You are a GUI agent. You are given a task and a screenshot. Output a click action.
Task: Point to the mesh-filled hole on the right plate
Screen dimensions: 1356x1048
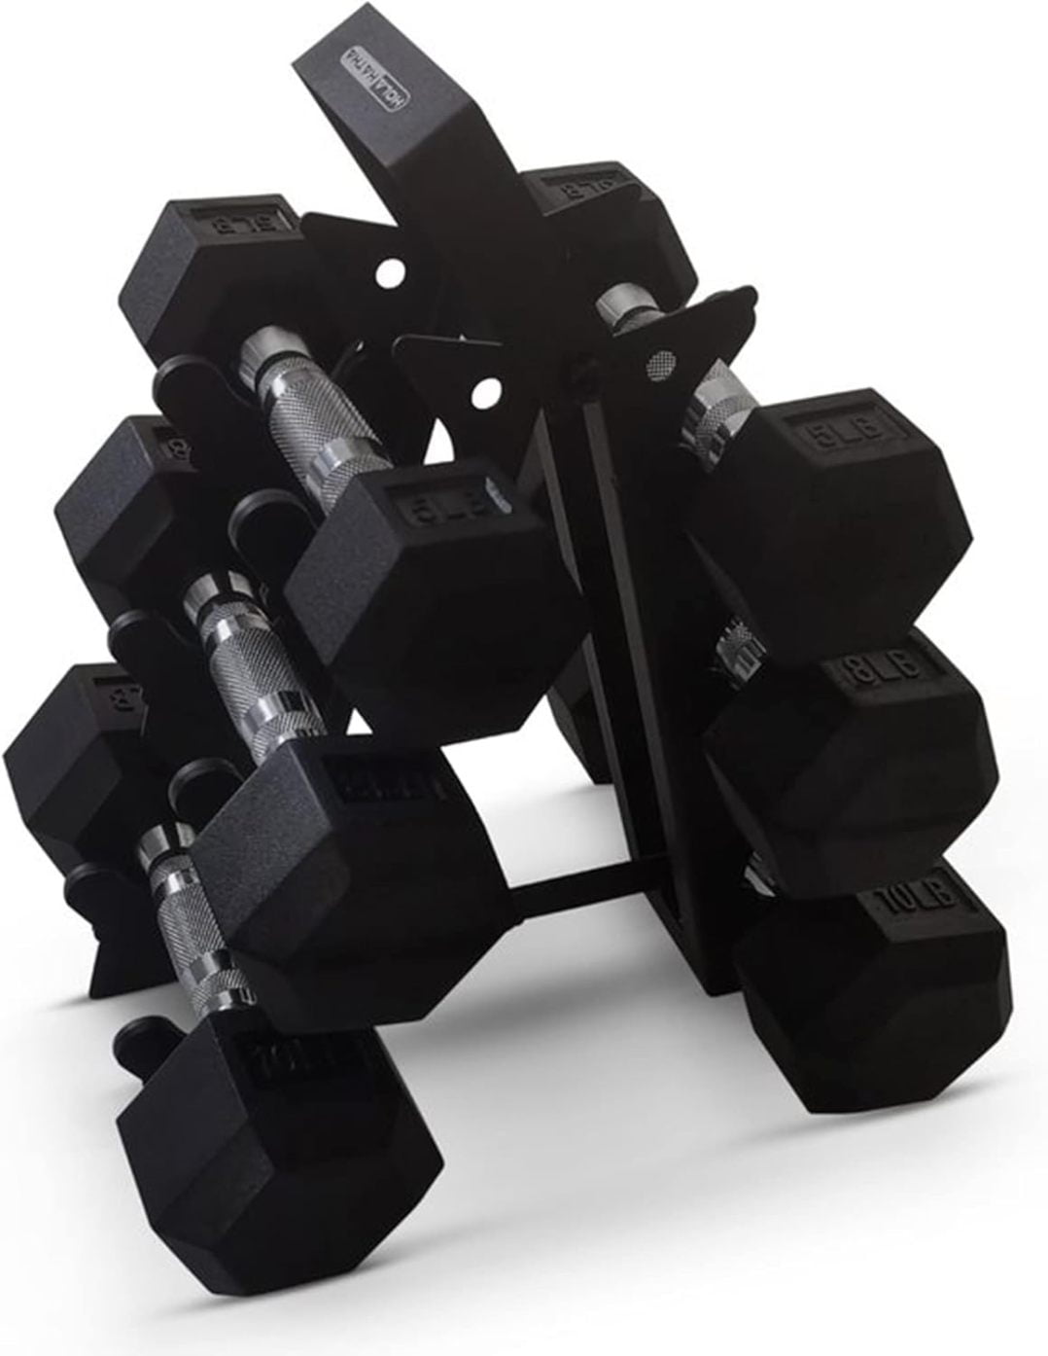[x=660, y=363]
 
